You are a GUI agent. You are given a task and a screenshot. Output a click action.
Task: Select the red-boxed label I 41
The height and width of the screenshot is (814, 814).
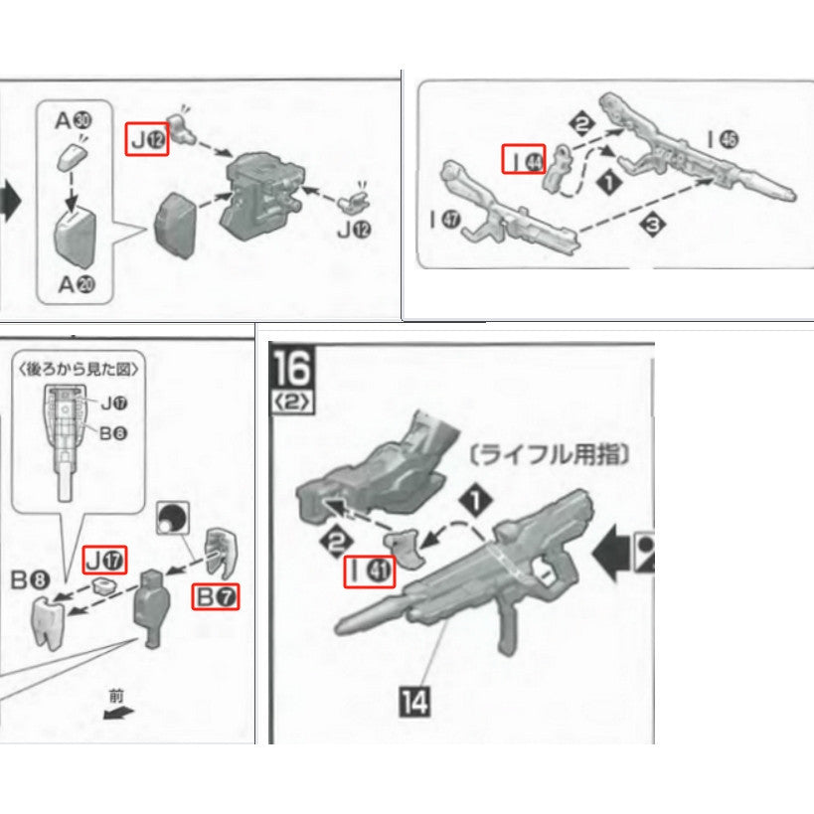(x=370, y=571)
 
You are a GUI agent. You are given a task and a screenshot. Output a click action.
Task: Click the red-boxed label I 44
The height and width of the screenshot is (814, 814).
(x=523, y=158)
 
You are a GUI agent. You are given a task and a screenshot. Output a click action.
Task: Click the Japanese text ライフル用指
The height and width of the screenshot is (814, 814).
(x=549, y=456)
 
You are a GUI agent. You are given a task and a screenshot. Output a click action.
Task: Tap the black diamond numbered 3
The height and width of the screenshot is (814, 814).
(x=652, y=228)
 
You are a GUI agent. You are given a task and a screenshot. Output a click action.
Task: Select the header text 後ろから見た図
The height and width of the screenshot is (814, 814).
(x=80, y=369)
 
